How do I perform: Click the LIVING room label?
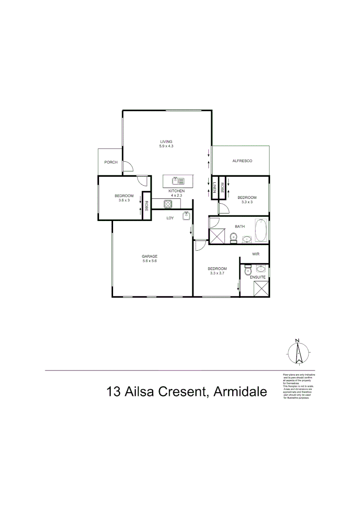click(x=166, y=141)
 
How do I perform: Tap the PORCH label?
click(x=111, y=162)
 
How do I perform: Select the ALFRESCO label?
click(x=243, y=161)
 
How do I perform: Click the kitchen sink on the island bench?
click(x=178, y=180)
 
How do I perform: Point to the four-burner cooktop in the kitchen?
click(x=168, y=204)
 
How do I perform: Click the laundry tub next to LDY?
click(x=187, y=216)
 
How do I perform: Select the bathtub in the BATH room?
click(x=261, y=231)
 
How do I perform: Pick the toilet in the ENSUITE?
click(x=247, y=271)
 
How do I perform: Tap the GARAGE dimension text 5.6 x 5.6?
click(x=149, y=261)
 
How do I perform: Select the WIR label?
click(x=256, y=254)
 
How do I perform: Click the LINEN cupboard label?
click(x=214, y=188)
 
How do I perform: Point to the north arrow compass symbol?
click(x=298, y=352)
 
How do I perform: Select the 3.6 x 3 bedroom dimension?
click(x=124, y=200)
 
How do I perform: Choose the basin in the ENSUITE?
click(x=261, y=269)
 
